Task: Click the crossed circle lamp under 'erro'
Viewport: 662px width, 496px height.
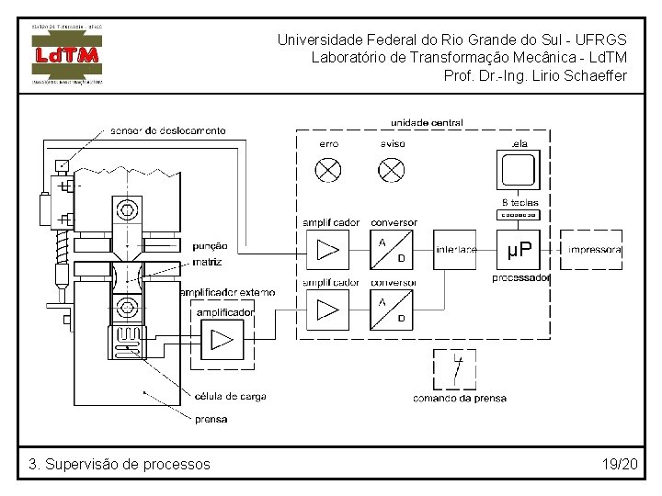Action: pos(328,170)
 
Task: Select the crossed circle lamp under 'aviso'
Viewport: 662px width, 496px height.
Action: pos(393,170)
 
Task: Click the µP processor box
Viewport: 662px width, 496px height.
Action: pos(519,249)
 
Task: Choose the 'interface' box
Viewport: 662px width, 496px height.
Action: pos(456,250)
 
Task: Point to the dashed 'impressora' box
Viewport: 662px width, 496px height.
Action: pos(594,250)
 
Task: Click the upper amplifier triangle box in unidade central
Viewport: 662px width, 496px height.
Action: pos(327,250)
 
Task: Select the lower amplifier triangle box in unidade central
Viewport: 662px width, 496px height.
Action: pos(327,310)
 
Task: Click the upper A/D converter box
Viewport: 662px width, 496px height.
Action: pos(392,250)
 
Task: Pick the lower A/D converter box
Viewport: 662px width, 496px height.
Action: pos(392,310)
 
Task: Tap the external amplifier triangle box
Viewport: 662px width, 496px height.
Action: pos(222,340)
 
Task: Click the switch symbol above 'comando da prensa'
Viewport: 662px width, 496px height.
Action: pos(456,369)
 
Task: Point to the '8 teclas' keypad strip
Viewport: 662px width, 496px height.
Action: pos(519,216)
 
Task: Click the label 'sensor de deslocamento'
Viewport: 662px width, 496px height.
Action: pos(167,130)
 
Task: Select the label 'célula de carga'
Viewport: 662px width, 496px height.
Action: pos(230,397)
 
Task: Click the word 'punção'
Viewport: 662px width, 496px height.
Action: pos(210,246)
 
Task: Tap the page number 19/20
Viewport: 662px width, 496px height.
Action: pos(620,464)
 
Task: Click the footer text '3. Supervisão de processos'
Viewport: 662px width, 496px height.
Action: pos(120,464)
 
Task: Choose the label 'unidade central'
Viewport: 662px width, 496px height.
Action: pos(427,122)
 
